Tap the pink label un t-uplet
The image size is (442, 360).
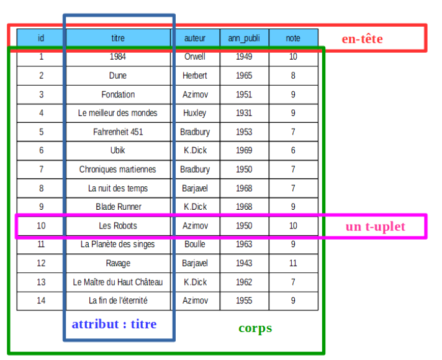coord(375,227)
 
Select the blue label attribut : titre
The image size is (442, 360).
coord(114,324)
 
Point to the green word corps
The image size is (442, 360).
coord(255,328)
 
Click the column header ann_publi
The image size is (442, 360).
coord(244,38)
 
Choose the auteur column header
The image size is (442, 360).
coord(195,38)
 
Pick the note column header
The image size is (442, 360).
coord(293,38)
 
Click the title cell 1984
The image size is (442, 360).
coord(117,57)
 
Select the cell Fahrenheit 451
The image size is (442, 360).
coord(117,132)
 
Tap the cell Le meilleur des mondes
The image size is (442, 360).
coord(117,113)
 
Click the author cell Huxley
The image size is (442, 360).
coord(195,113)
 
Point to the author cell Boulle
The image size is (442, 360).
coord(195,245)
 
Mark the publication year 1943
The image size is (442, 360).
coord(244,263)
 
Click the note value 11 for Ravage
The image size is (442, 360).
coord(293,263)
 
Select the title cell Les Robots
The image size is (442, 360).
coord(117,226)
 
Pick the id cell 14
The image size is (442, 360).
coord(41,301)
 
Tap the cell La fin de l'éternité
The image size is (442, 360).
coord(117,301)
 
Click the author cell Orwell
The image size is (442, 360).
coord(195,57)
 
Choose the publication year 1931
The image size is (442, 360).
coord(244,113)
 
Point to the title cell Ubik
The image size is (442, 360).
coord(117,151)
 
